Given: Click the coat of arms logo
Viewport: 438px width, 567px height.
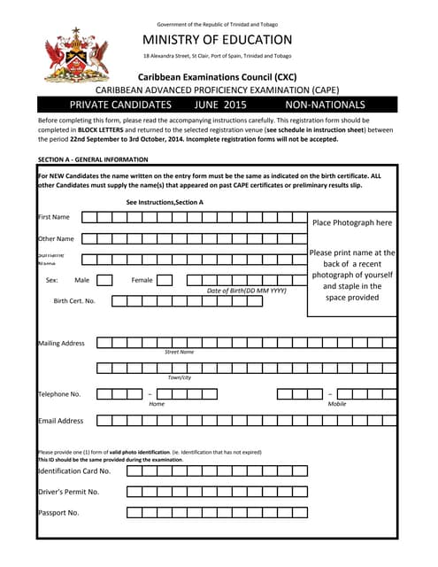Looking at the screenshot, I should (x=77, y=54).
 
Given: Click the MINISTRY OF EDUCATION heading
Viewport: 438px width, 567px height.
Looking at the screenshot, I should (x=217, y=40).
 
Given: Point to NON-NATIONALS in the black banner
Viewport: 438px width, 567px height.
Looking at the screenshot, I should (x=325, y=105).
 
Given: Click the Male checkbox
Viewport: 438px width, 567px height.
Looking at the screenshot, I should (x=104, y=280).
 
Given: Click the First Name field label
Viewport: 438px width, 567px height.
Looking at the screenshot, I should (x=54, y=217).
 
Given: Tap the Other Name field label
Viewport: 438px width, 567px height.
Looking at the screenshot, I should (x=55, y=238).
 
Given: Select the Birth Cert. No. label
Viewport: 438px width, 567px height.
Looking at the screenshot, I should (x=74, y=301).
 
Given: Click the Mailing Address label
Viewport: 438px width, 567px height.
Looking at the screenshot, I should (x=61, y=343).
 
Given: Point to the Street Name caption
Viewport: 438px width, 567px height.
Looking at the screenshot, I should (x=179, y=353).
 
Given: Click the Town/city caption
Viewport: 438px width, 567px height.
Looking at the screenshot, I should (x=180, y=377).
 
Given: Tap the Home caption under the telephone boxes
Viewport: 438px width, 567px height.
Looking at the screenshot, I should (x=157, y=404).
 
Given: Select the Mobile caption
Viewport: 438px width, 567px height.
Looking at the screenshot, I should (x=337, y=404).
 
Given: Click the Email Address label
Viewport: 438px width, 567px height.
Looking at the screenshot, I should (x=60, y=421).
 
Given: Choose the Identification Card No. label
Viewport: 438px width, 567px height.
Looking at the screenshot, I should (x=73, y=471).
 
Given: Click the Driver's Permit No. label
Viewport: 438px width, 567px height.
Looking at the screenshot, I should (x=68, y=492).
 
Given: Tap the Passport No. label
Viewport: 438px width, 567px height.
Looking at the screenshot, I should (x=58, y=512).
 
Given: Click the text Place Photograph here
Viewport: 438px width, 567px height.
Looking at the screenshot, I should (x=352, y=222).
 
